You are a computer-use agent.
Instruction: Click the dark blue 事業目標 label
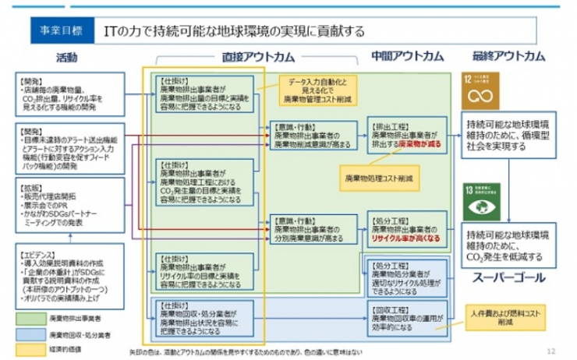point(61,31)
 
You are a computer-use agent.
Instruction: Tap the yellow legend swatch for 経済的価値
point(35,350)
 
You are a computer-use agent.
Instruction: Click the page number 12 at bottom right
point(551,350)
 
